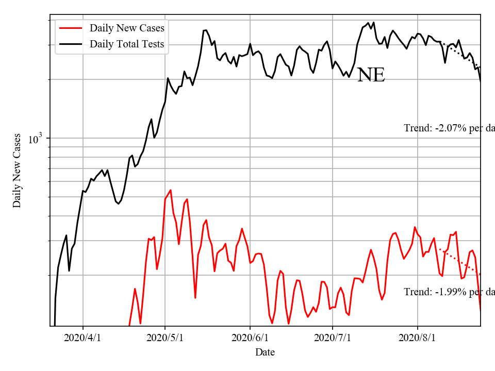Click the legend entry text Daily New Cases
(x=127, y=28)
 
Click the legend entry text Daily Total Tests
(x=127, y=44)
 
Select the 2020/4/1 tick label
(x=83, y=338)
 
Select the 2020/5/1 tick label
(x=165, y=338)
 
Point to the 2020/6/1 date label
(x=250, y=338)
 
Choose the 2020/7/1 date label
(x=333, y=338)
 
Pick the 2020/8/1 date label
(x=418, y=338)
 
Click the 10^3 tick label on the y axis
(x=35, y=139)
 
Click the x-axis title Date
(x=265, y=352)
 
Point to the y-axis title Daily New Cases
(x=17, y=171)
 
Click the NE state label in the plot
(x=371, y=75)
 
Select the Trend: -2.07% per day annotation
(x=449, y=128)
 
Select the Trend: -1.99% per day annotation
(x=449, y=292)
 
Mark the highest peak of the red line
(x=170, y=190)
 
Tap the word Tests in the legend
(x=153, y=44)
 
